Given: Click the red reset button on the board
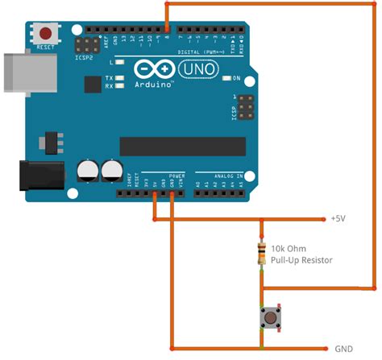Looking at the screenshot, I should [x=46, y=34].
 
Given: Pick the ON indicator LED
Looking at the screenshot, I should [x=226, y=78].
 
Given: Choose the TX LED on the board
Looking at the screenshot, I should [x=119, y=78].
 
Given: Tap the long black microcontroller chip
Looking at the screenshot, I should [x=182, y=146].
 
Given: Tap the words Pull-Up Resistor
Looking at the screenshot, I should [x=301, y=260].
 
